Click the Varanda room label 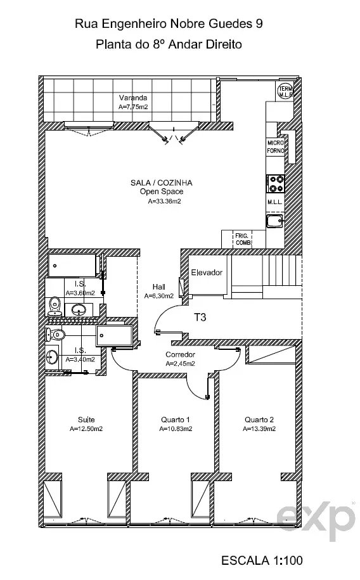133,98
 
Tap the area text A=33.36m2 164,202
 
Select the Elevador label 207,273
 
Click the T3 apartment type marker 200,317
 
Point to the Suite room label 86,420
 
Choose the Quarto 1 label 176,420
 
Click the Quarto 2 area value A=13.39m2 259,429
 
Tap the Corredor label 180,355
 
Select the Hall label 158,287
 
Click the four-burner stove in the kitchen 276,184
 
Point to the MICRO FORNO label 276,147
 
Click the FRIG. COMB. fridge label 243,240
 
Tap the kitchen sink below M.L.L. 275,221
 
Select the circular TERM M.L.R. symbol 286,92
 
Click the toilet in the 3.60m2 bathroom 55,306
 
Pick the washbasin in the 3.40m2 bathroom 51,358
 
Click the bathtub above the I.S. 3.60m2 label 73,265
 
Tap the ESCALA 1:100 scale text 262,560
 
